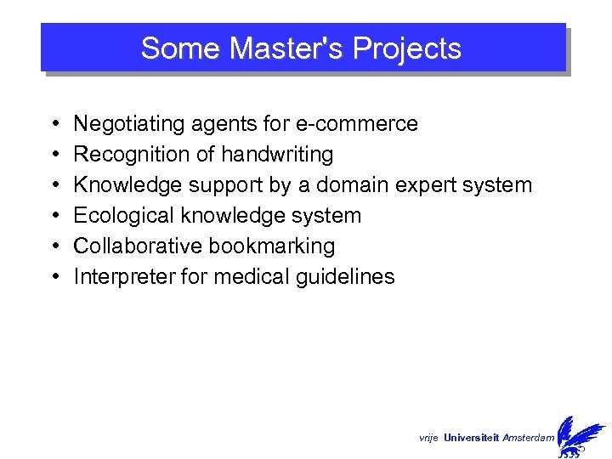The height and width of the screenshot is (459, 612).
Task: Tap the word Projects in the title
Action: click(x=406, y=48)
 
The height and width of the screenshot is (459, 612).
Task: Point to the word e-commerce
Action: click(x=356, y=124)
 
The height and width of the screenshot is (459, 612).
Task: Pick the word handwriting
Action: click(x=277, y=155)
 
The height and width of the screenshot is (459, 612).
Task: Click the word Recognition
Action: click(x=126, y=155)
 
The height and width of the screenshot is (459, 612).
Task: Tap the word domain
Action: click(x=374, y=185)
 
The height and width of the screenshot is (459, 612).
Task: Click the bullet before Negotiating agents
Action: click(x=54, y=125)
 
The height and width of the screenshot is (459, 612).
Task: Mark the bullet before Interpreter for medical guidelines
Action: click(x=54, y=278)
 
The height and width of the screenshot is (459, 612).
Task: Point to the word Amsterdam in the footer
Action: click(x=529, y=438)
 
